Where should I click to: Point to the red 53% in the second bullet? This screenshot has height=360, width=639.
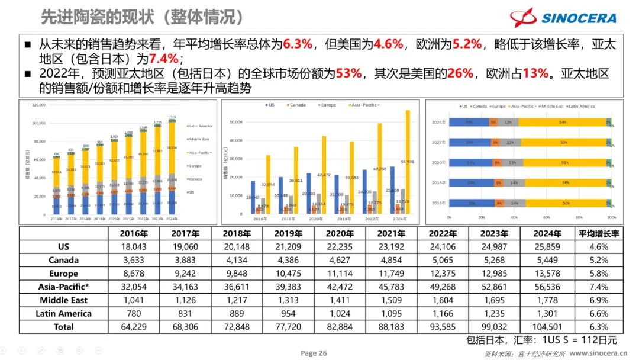click(x=348, y=74)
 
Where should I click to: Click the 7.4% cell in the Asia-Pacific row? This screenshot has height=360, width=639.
click(x=599, y=287)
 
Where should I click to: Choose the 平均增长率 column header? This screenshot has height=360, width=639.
click(x=599, y=233)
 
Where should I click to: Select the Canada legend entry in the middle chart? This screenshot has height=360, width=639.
click(x=296, y=105)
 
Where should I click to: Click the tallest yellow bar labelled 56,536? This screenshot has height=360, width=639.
click(x=407, y=163)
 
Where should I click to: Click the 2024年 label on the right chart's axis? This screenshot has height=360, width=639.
click(x=438, y=123)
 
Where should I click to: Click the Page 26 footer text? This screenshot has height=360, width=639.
click(x=314, y=353)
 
